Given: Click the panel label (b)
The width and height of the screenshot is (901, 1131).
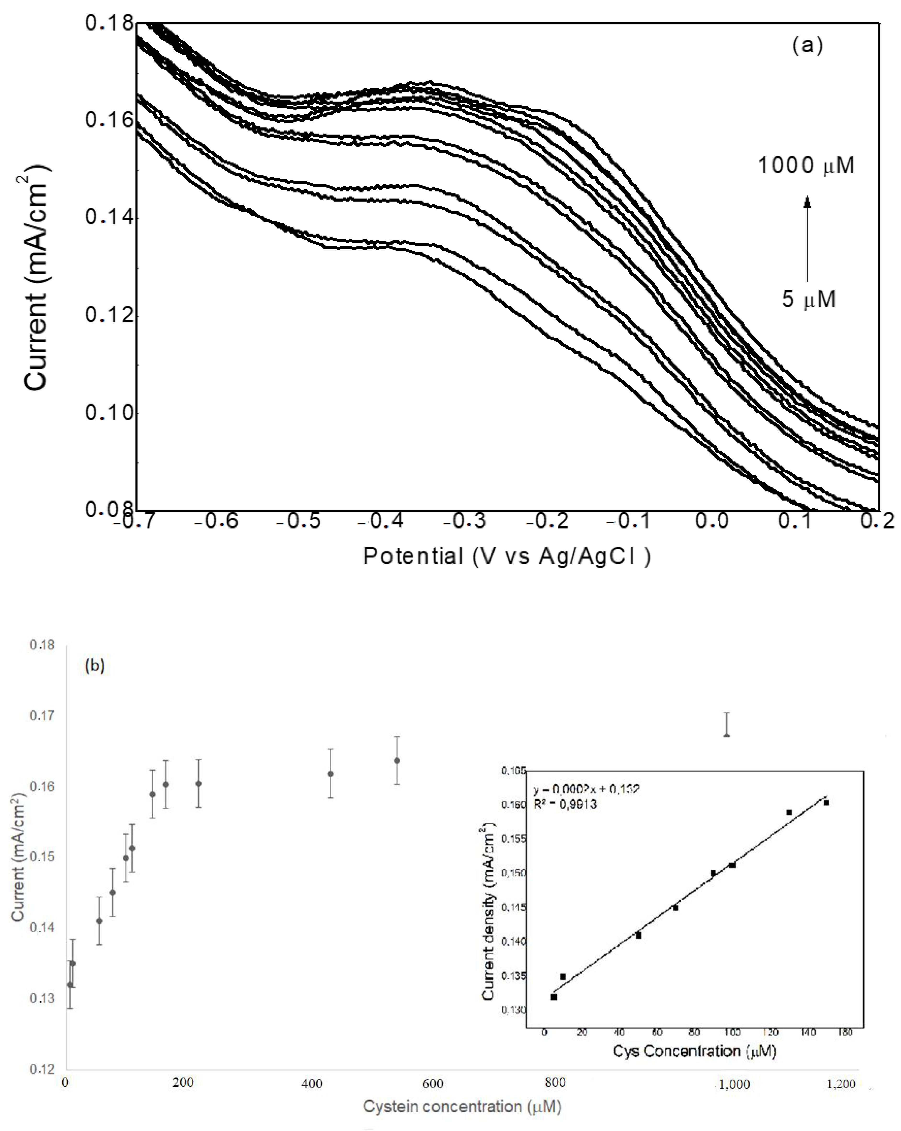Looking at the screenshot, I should [95, 665].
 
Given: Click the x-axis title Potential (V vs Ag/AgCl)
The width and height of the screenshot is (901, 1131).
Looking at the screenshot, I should [507, 556].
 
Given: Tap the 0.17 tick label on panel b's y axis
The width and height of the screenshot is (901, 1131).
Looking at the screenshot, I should [42, 715].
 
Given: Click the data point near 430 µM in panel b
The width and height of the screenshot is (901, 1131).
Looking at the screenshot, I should [330, 774].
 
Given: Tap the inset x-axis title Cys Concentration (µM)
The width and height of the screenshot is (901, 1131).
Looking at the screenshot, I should [694, 1051].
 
